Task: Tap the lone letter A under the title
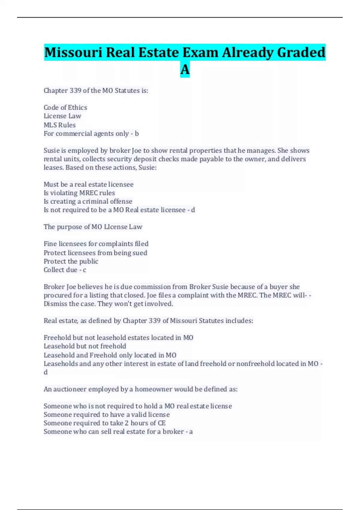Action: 185,70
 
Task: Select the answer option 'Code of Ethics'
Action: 65,107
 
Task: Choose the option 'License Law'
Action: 62,116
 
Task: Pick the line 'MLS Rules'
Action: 60,125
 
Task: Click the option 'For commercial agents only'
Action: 86,133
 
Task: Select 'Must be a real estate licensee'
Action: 88,184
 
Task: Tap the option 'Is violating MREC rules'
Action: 79,193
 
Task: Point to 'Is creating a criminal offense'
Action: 88,201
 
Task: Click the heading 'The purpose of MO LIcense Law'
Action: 93,227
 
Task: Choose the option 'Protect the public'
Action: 71,261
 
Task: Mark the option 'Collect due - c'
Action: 65,270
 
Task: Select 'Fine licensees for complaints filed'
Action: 96,244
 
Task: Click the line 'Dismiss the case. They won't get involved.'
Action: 108,304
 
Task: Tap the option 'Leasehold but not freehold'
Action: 85,346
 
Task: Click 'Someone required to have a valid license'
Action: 106,415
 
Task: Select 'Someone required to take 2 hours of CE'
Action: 104,423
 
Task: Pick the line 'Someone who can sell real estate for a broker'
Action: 114,431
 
